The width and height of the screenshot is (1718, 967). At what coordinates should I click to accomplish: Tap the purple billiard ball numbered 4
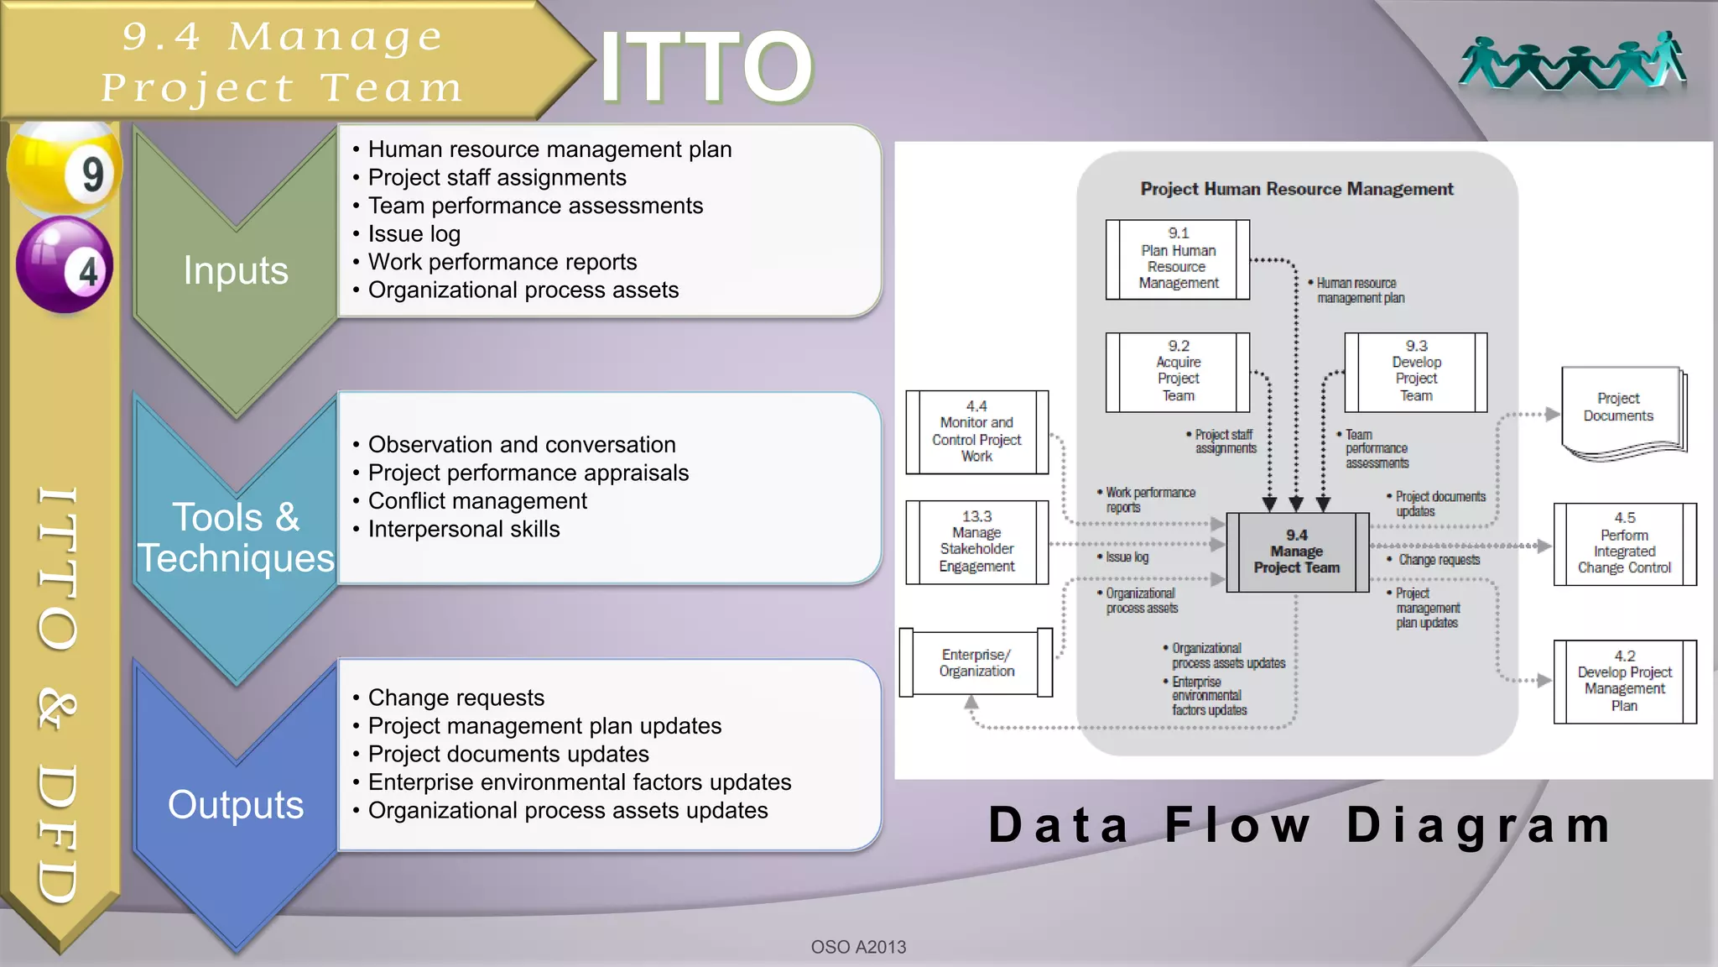pos(65,264)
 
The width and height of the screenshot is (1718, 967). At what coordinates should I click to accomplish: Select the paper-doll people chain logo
pos(1572,63)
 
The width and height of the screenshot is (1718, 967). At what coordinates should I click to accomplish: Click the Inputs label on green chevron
pos(236,270)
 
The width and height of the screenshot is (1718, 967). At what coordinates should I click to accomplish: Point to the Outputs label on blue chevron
pos(236,804)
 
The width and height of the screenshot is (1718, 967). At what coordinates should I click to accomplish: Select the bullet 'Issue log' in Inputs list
pos(414,234)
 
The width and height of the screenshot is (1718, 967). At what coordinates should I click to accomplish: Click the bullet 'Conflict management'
pos(477,501)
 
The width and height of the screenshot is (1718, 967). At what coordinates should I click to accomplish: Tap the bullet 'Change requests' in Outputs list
pos(456,698)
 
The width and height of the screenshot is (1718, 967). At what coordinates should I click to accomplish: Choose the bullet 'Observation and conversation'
pos(521,445)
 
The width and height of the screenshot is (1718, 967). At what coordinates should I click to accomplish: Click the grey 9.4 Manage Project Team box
pos(1296,552)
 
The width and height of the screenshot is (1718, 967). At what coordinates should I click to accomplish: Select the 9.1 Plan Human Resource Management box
pos(1178,259)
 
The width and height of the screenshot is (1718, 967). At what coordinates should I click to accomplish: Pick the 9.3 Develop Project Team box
pos(1416,372)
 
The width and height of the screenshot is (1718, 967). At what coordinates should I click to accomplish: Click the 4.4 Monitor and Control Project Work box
pos(976,432)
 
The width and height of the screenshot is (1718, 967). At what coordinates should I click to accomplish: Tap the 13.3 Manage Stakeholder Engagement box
pos(976,542)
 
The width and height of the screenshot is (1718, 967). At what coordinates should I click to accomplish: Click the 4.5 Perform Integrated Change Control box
pos(1624,544)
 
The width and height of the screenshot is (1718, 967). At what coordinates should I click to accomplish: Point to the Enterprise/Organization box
pos(976,663)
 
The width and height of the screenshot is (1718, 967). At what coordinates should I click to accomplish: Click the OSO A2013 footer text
pos(858,947)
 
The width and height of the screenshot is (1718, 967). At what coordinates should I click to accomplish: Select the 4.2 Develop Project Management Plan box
pos(1624,682)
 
